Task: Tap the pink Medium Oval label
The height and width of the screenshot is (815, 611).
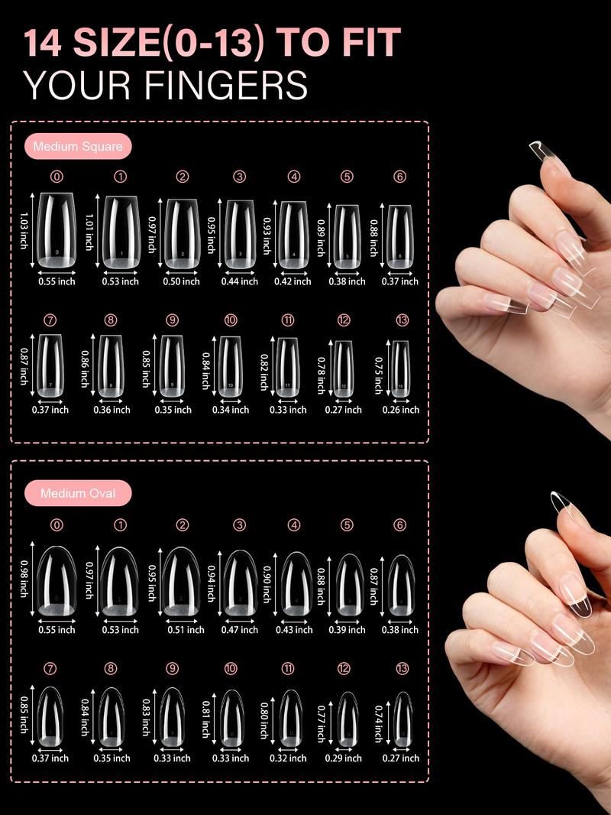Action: [x=78, y=493]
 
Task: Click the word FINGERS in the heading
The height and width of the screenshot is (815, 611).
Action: [x=218, y=86]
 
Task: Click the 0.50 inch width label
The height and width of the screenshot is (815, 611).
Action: [x=182, y=281]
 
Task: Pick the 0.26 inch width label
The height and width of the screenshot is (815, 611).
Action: [x=401, y=410]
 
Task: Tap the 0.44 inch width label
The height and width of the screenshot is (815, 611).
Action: [x=239, y=281]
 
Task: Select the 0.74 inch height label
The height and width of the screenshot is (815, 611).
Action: [x=377, y=723]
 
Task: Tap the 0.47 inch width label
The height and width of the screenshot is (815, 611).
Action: [x=240, y=630]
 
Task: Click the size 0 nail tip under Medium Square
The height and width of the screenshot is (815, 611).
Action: [x=57, y=230]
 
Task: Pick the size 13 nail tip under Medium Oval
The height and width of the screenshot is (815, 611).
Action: [x=402, y=719]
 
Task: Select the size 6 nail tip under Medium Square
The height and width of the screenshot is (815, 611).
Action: [x=400, y=237]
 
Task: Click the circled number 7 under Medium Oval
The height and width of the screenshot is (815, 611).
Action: [x=50, y=668]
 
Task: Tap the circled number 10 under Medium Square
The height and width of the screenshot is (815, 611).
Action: [x=231, y=320]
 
